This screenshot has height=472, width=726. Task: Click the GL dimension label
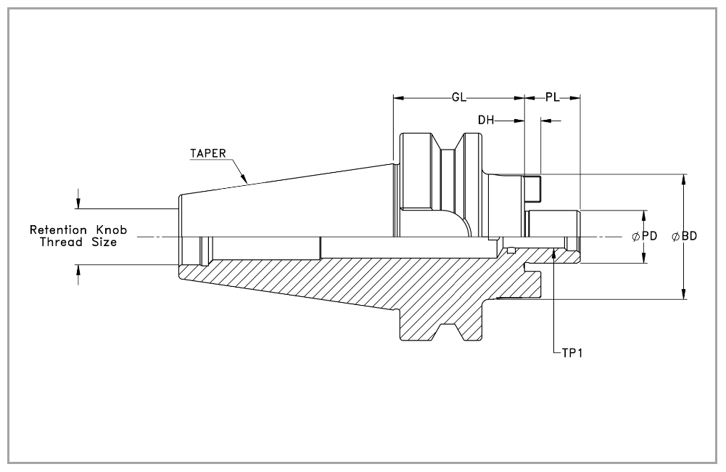(459, 97)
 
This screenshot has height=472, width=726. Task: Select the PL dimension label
(553, 97)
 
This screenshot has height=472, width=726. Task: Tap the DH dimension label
(486, 121)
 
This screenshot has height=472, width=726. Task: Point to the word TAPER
(208, 153)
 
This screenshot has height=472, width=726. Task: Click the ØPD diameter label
(645, 236)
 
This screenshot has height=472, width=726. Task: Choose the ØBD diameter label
(685, 236)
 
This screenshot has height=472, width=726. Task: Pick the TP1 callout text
(572, 354)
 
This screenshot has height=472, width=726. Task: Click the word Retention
(58, 230)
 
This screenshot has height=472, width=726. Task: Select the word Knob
(111, 230)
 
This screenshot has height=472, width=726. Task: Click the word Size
(104, 242)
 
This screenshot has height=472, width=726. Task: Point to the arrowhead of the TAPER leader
(244, 178)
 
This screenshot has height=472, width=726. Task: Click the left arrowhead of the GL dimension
(399, 98)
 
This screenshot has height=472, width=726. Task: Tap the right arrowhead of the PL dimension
(574, 98)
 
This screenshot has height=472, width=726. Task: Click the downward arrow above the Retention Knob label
(78, 203)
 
